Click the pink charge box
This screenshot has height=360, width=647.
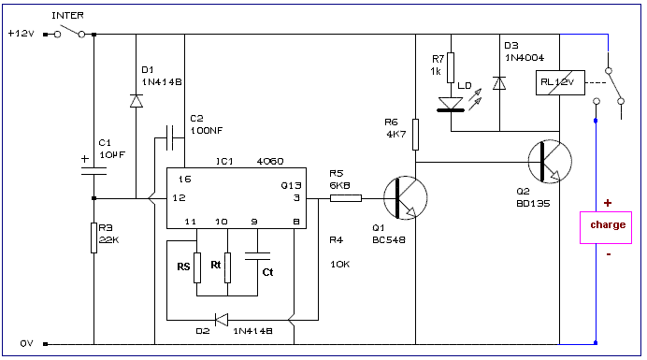point(606,227)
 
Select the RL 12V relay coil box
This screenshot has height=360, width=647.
point(560,83)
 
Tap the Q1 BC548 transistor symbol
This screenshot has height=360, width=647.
point(405,197)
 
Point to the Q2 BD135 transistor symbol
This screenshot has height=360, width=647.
point(550,162)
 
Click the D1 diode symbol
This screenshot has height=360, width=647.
point(137,101)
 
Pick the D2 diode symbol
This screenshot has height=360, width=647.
point(222,320)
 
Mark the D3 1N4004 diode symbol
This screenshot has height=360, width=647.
point(499,83)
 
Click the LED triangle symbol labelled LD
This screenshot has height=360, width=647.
point(451,105)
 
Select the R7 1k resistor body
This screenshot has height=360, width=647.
point(451,67)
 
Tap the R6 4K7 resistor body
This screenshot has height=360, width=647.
point(415,135)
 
